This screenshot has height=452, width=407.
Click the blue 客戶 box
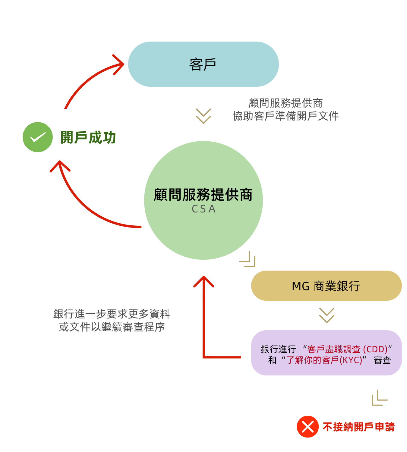click(203, 64)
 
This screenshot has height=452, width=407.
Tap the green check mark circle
click(38, 137)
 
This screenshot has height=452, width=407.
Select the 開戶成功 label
click(88, 137)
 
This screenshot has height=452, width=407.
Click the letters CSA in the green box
click(203, 209)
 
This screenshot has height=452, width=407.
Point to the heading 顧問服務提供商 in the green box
click(203, 195)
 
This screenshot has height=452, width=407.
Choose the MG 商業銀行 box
click(326, 286)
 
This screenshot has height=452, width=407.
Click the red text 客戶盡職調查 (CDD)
click(347, 349)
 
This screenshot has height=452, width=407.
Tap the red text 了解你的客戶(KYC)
click(324, 360)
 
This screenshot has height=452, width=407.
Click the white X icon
click(308, 427)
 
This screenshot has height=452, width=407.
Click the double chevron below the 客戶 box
click(203, 116)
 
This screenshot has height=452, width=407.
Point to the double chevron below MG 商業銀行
click(327, 315)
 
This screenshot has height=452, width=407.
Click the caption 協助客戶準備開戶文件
click(286, 116)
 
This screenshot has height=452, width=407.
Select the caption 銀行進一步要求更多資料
click(112, 314)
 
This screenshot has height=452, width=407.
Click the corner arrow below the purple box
click(380, 398)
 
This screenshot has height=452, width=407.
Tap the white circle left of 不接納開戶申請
click(166, 425)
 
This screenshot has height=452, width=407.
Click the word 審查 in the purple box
click(382, 360)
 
